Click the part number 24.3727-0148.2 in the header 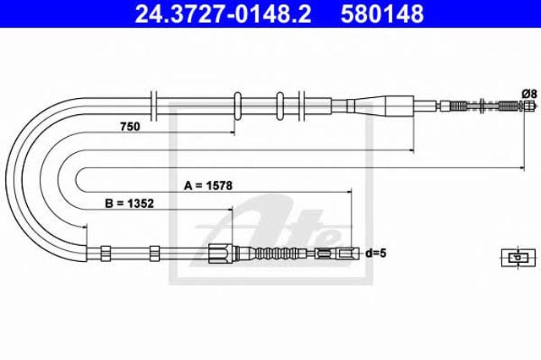[223, 14]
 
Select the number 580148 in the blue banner [382, 14]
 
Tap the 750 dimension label [130, 127]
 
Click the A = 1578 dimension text [208, 186]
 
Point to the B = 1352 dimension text [129, 204]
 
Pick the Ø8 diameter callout [530, 94]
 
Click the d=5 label [376, 254]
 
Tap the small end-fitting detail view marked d [518, 257]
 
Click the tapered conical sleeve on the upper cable [380, 106]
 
